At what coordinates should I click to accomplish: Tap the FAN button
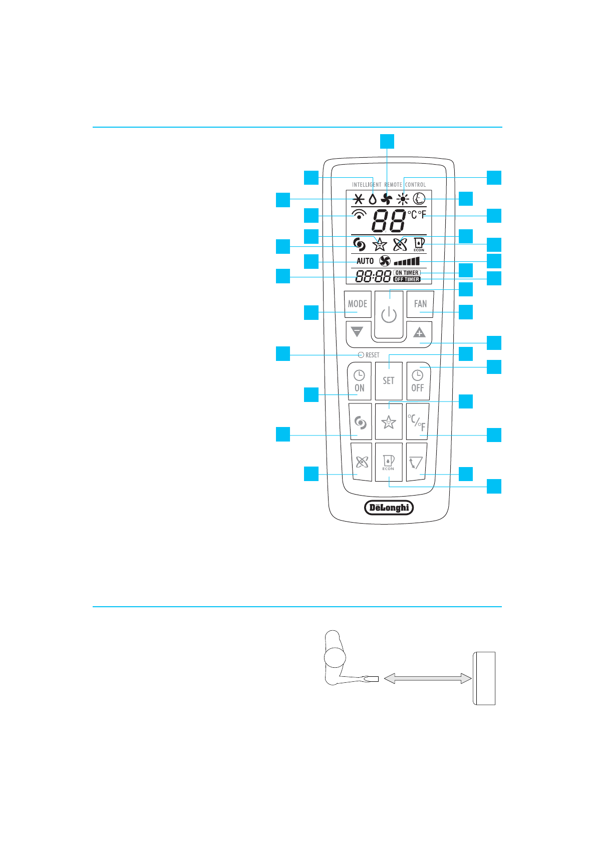pos(420,304)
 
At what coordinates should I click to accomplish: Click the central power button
pos(389,315)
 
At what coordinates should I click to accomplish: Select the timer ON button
pos(359,381)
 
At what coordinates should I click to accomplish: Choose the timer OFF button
pos(418,381)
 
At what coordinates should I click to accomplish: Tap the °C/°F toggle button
pos(417,423)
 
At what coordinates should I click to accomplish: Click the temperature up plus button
pos(419,332)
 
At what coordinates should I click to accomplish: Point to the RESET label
pos(369,355)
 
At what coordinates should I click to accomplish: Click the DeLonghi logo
pos(389,508)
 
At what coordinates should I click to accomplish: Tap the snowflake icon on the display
pos(359,199)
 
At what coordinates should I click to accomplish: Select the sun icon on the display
pos(403,199)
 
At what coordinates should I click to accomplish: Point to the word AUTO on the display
pos(365,261)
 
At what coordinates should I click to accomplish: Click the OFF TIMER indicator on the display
pos(407,279)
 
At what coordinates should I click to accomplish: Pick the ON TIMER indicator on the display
pos(407,273)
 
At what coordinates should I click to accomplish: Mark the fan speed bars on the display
pos(407,261)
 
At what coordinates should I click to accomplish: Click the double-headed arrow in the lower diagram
pos(428,678)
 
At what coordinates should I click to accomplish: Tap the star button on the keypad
pos(388,423)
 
